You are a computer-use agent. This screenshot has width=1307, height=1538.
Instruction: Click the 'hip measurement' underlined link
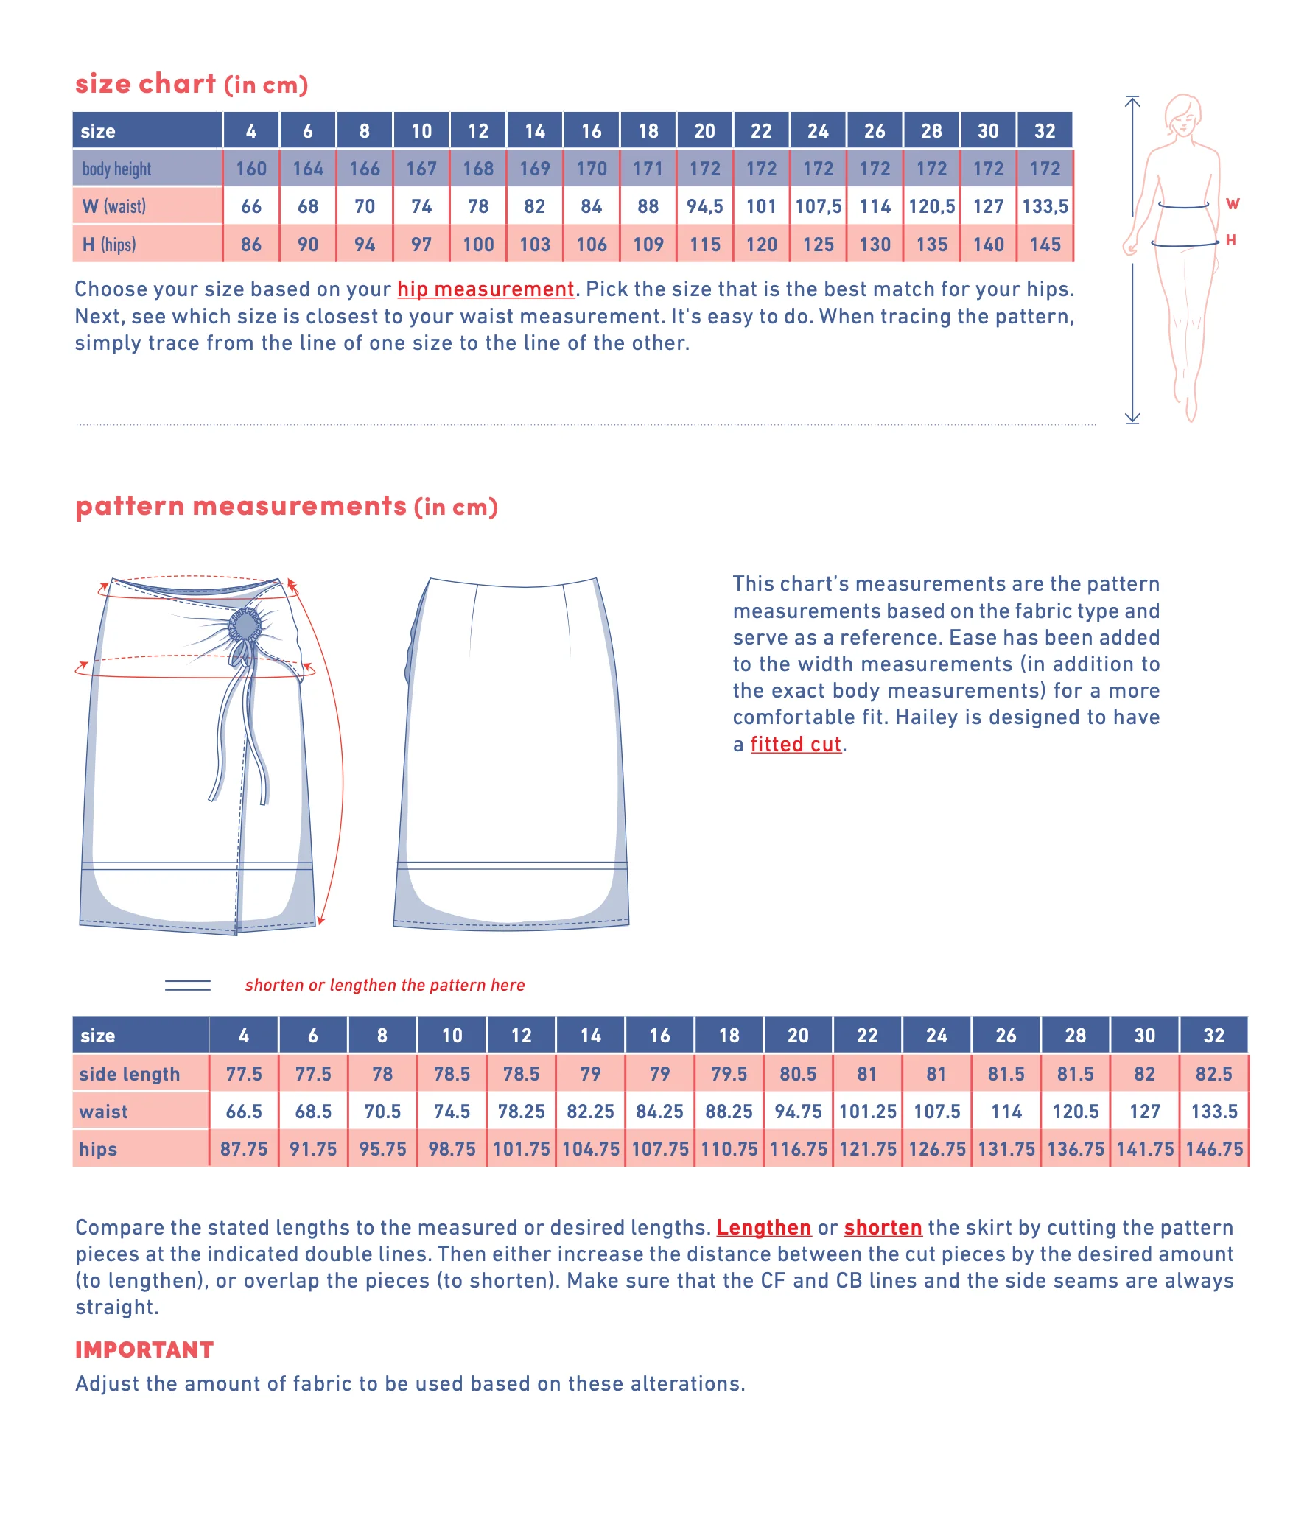tap(486, 289)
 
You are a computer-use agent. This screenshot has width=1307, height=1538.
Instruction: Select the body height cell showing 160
tap(251, 169)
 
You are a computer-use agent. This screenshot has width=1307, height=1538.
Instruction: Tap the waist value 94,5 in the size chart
tap(704, 207)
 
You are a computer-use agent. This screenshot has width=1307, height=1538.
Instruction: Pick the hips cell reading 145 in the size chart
tap(1045, 245)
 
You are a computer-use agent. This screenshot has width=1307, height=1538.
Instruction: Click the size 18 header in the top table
tap(648, 131)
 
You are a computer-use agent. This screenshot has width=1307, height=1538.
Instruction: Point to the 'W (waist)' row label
tap(115, 207)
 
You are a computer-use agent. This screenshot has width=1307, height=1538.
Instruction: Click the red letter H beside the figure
tap(1230, 240)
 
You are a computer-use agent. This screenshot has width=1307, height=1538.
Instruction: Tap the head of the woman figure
tap(1182, 115)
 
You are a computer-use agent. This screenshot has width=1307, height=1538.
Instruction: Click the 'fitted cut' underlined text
tap(796, 744)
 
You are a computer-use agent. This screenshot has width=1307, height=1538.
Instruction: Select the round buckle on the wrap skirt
tap(245, 625)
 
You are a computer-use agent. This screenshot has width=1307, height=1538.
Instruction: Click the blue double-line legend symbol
tap(187, 986)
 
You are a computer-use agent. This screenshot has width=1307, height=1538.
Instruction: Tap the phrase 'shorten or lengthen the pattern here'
tap(385, 986)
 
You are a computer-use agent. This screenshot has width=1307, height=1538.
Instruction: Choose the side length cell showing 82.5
tap(1213, 1074)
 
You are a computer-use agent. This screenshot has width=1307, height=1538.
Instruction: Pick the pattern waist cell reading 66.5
tap(244, 1112)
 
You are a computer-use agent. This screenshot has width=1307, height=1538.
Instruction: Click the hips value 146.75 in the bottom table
tap(1213, 1150)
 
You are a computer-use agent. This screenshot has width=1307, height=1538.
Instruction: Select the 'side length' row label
tap(130, 1074)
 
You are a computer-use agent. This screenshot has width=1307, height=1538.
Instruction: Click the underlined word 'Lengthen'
tap(763, 1228)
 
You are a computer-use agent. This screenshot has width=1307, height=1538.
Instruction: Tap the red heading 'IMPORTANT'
tap(144, 1350)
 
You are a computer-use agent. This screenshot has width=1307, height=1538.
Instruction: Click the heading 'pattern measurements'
tap(242, 506)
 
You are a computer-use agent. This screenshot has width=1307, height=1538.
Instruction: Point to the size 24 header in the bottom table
tap(936, 1036)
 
